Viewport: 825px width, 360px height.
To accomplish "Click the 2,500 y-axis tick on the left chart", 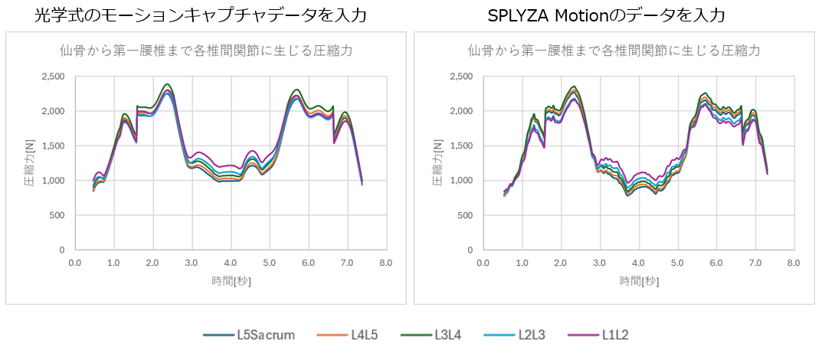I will pos(54,77).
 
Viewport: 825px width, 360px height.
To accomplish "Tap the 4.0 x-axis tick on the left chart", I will pos(231,263).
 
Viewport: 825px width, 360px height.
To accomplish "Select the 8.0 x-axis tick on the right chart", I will pos(794,263).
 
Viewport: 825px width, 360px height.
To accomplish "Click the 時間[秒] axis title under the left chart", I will pos(231,281).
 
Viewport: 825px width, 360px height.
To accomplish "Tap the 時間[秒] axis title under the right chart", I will pos(638,281).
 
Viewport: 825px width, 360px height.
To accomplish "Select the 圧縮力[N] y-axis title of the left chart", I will pos(28,163).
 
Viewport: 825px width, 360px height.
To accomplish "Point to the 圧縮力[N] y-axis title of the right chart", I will pos(437,163).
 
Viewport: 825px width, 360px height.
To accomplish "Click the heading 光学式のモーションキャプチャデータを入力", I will pos(201,14).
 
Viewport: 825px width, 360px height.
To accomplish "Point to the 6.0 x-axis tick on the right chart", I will pos(716,263).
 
